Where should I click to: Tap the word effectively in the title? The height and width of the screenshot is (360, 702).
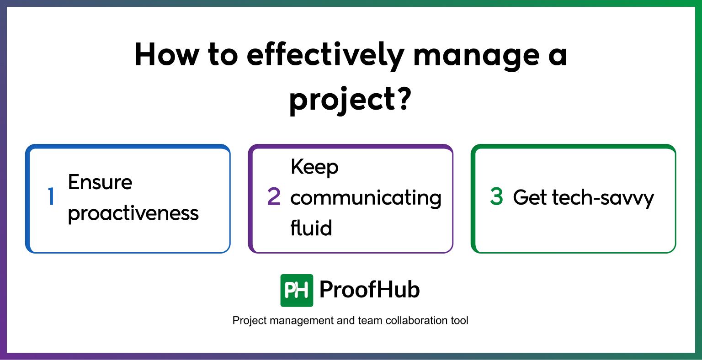(325, 55)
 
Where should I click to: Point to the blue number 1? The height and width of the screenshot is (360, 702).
(51, 197)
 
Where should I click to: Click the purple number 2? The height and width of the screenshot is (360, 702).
(274, 197)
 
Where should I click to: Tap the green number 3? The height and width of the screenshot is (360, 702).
(496, 197)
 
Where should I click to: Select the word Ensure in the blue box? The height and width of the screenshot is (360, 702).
(100, 182)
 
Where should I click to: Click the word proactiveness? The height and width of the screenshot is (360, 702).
(133, 213)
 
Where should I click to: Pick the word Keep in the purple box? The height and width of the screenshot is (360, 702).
(314, 167)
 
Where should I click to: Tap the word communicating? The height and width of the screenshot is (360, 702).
(366, 198)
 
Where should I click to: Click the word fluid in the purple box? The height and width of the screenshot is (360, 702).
(311, 228)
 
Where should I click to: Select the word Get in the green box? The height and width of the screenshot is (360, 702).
(529, 197)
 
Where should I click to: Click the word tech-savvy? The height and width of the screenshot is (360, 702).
(603, 198)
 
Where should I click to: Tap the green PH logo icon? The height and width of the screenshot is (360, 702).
(297, 290)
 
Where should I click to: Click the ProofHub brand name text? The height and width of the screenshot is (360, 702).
(369, 290)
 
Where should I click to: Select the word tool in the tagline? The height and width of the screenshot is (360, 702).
(459, 321)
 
